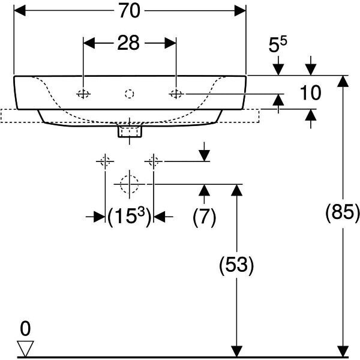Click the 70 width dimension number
[x=129, y=11]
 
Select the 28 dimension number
[x=128, y=43]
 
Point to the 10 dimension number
[x=310, y=93]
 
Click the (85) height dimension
[x=343, y=212]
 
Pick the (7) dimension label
[x=205, y=217]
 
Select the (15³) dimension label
[x=130, y=216]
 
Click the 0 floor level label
[x=25, y=329]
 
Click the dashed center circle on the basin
[x=130, y=94]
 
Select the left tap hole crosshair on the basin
[x=83, y=94]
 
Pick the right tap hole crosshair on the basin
[x=176, y=94]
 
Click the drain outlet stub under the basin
[x=130, y=131]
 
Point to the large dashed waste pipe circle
[x=130, y=184]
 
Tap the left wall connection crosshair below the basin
[x=105, y=161]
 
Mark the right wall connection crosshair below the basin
[x=154, y=161]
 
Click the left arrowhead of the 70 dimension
[x=20, y=11]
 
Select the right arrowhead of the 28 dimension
[x=170, y=43]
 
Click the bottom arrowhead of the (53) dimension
[x=236, y=351]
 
